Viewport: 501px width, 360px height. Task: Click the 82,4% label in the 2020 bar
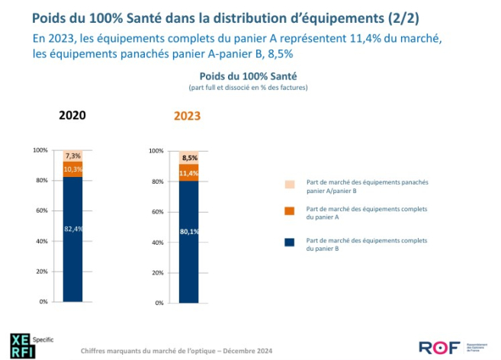pos(72,228)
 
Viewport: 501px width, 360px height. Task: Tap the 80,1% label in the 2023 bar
pos(188,231)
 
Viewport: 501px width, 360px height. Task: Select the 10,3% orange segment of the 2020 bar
pos(72,169)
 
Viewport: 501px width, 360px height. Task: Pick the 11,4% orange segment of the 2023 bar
pos(188,173)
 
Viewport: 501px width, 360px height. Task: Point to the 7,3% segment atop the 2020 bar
pos(72,156)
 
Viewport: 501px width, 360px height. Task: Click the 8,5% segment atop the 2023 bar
pos(188,158)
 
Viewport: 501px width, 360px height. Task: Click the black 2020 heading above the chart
pos(72,115)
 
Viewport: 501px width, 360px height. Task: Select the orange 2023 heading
pos(187,116)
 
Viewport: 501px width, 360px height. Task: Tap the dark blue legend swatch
pos(289,243)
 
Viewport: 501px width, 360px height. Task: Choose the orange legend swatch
pos(289,211)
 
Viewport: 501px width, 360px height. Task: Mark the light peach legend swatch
pos(289,184)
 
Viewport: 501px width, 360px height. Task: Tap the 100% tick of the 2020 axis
pos(40,149)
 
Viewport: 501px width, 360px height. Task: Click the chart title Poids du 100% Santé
pos(248,76)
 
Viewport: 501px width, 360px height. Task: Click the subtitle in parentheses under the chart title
pos(248,88)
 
